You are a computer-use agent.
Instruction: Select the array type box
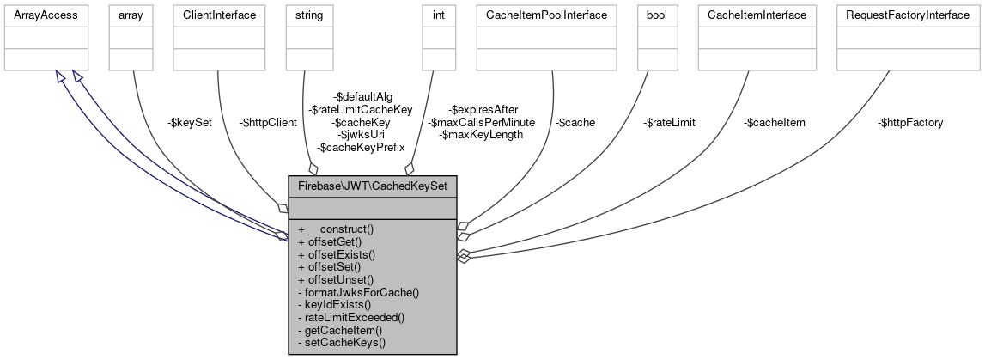tap(131, 15)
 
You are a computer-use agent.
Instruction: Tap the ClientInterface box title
tap(220, 15)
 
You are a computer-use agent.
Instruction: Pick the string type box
tap(308, 15)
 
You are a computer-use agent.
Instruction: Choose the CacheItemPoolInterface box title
tap(546, 15)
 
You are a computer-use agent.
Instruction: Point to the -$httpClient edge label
tap(267, 123)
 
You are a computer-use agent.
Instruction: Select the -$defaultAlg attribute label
tap(363, 97)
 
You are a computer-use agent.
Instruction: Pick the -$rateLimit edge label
tap(669, 123)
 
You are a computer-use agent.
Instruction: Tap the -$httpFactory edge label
tap(910, 123)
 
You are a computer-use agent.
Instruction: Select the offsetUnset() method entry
tap(336, 279)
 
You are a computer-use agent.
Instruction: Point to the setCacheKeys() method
tap(341, 342)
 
